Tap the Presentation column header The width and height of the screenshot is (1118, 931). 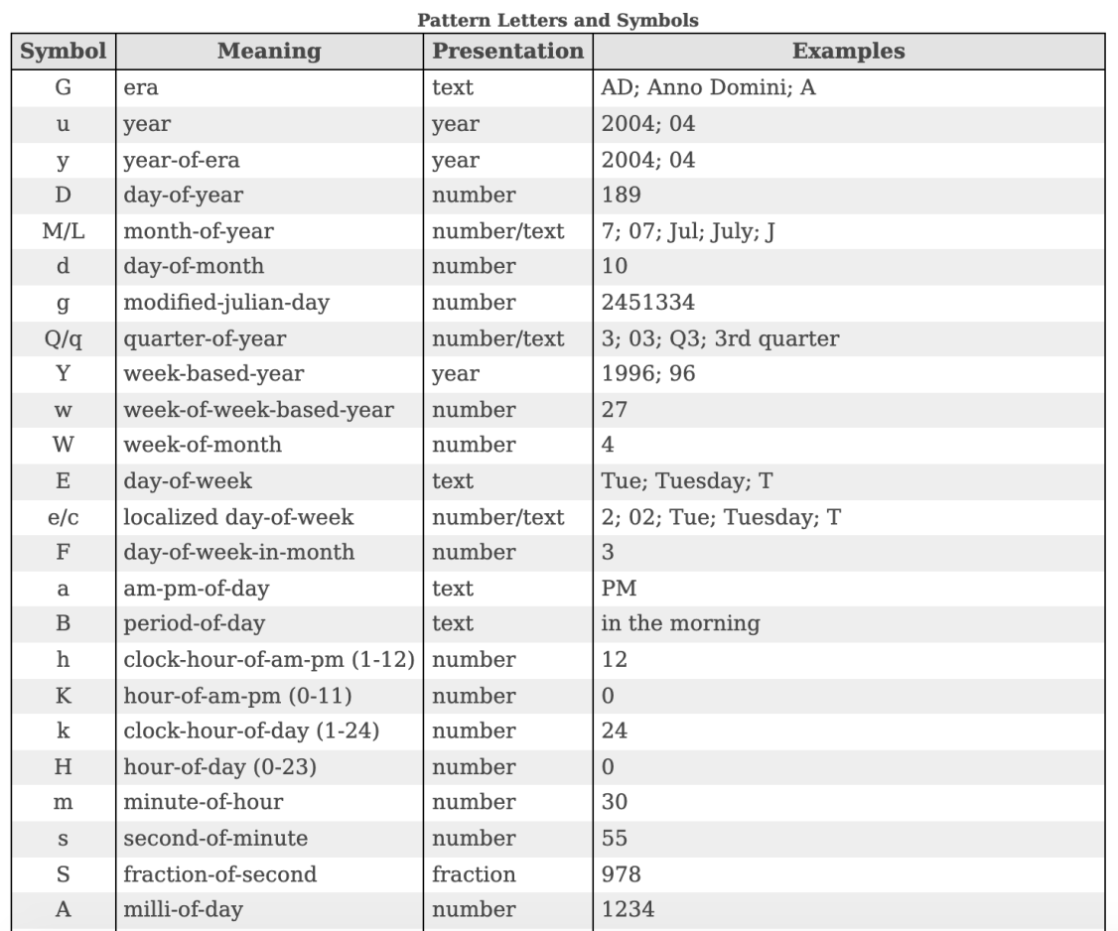[x=507, y=51]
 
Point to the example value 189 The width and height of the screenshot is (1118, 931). [x=622, y=195]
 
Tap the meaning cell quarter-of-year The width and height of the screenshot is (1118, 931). [x=205, y=337]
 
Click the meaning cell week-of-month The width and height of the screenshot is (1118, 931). [x=203, y=445]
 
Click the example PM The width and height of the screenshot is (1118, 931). [x=619, y=588]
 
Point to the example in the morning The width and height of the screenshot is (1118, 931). [x=680, y=623]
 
